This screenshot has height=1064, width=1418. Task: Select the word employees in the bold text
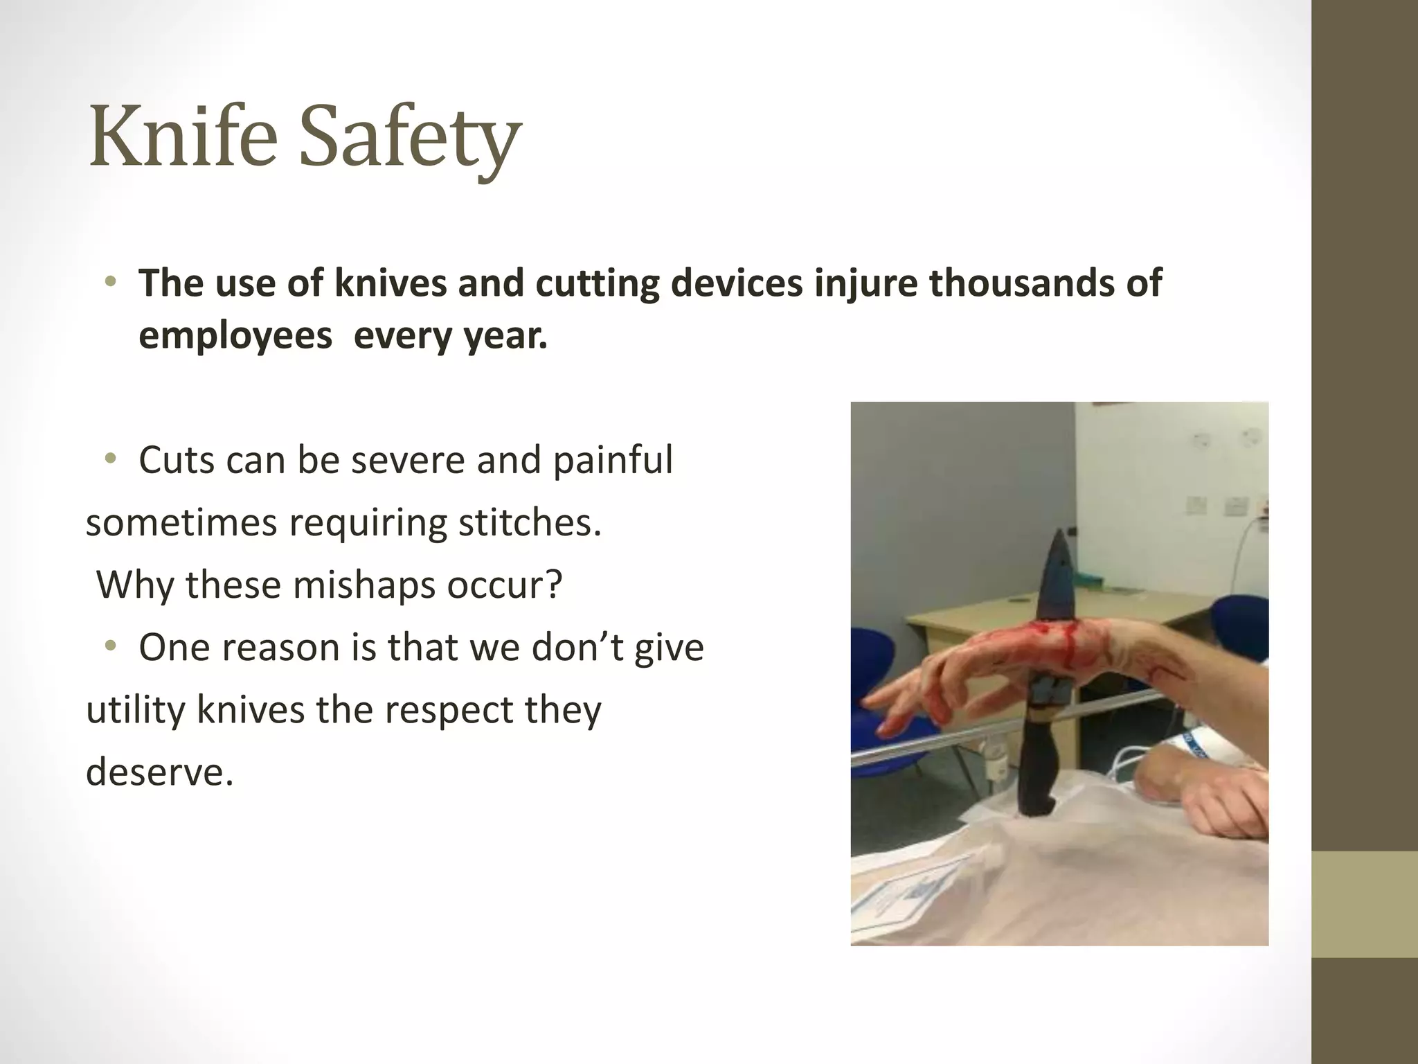[235, 337]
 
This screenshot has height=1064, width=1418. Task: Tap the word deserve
[159, 772]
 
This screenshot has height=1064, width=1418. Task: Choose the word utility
[135, 709]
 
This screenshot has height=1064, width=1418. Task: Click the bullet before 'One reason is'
[110, 646]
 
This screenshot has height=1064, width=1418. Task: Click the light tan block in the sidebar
[1365, 904]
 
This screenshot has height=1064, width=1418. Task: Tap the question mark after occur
[553, 586]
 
